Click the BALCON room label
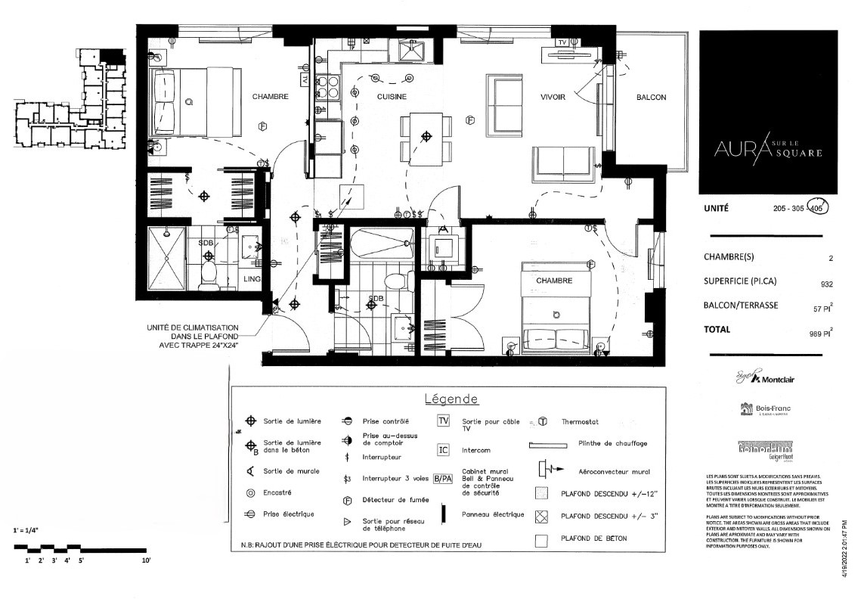pos(651,98)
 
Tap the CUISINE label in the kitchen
pos(392,97)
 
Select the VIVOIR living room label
pos(553,97)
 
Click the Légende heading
pos(451,399)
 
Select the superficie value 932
pos(826,284)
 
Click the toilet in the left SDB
pos(209,274)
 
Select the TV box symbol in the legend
pos(444,421)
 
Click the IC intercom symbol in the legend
pos(444,450)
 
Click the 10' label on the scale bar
pos(146,560)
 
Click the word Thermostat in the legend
pos(578,422)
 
